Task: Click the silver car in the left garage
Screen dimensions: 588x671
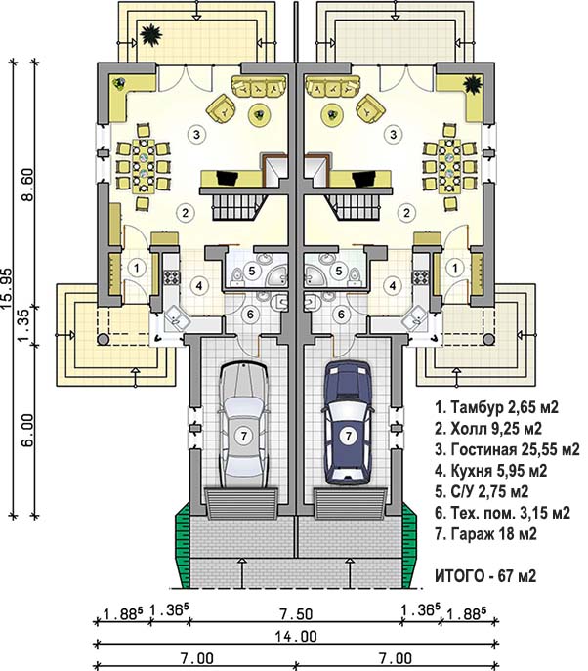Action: point(243,426)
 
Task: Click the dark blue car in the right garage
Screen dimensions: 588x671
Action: point(348,424)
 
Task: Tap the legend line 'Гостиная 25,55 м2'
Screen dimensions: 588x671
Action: point(507,449)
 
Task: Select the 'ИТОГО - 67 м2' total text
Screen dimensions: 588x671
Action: point(485,576)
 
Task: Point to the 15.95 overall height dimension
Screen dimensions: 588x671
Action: point(7,289)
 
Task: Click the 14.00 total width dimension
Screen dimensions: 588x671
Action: point(296,637)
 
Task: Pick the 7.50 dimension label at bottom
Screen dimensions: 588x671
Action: point(296,614)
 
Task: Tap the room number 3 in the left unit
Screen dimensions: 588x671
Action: point(196,135)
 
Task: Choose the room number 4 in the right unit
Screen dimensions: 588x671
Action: point(393,285)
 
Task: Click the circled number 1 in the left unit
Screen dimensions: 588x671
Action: point(137,269)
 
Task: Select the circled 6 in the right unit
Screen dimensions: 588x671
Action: point(341,315)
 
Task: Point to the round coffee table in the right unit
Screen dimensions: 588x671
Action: point(332,114)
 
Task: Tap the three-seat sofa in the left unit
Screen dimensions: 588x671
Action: point(259,86)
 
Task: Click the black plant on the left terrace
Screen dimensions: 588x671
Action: point(150,34)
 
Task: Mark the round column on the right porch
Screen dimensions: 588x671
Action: point(488,339)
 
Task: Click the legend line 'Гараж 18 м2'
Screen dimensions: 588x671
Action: point(485,533)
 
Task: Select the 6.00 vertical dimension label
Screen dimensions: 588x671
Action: point(28,430)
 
